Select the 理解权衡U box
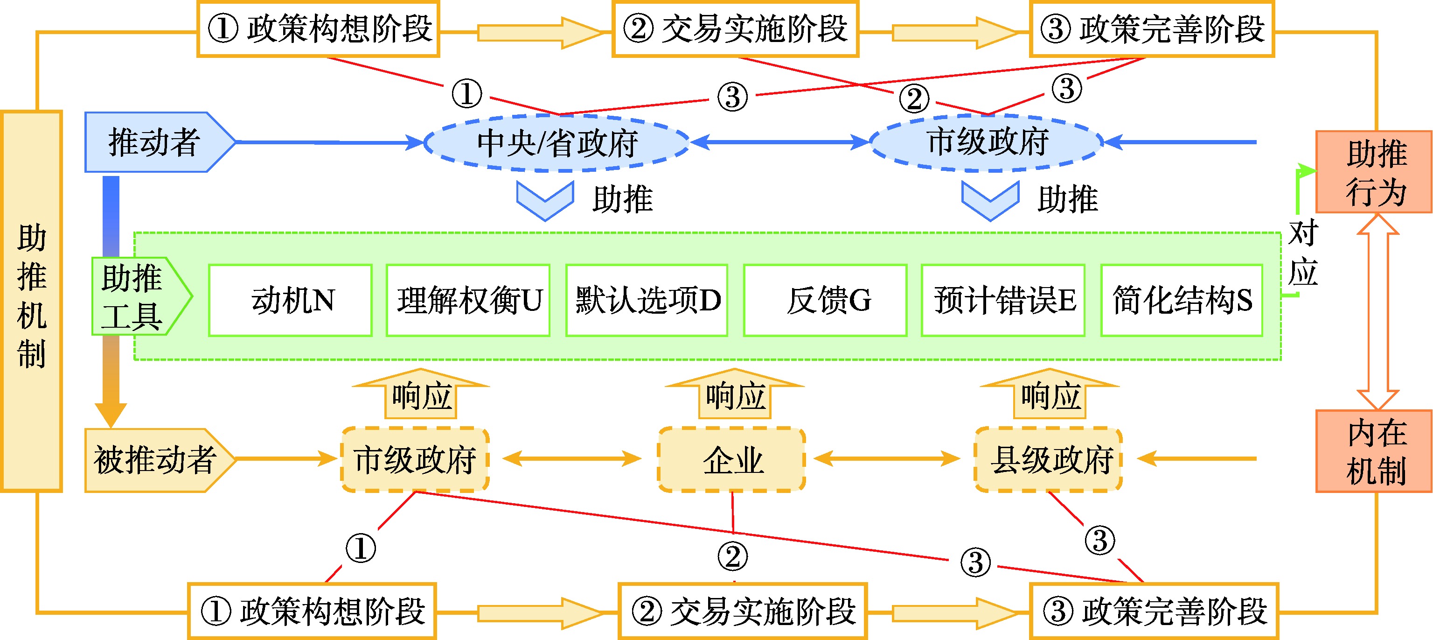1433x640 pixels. click(468, 301)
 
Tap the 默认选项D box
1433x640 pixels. click(647, 301)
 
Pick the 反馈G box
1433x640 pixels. click(825, 301)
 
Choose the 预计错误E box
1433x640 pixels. click(1003, 301)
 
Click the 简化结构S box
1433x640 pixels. click(1182, 301)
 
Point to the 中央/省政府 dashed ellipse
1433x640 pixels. click(557, 142)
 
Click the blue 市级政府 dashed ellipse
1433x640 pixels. click(986, 142)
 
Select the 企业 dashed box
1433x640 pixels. click(731, 460)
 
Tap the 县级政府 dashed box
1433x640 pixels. click(1049, 460)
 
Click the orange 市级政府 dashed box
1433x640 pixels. click(415, 460)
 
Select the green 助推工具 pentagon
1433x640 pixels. click(136, 296)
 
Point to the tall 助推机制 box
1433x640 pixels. click(31, 301)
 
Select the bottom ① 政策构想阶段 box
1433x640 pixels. click(312, 611)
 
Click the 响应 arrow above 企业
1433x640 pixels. click(734, 395)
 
